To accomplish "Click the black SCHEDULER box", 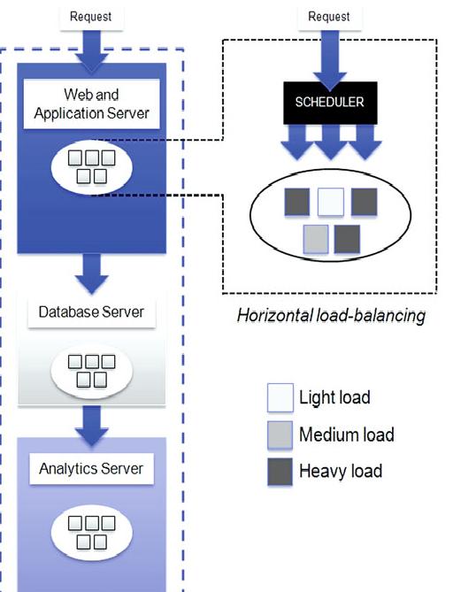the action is (x=330, y=103).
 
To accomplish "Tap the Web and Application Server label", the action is (x=92, y=104).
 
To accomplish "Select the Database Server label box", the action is (x=92, y=312).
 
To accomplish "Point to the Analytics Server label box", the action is (x=92, y=468).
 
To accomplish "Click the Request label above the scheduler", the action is (x=329, y=17).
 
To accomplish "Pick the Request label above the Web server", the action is (x=91, y=17).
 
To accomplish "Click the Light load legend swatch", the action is (x=280, y=397).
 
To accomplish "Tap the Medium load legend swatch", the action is (x=280, y=435).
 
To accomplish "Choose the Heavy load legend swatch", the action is (x=280, y=472).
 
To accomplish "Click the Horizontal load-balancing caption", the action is (x=331, y=316).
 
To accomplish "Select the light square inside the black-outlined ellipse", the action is (x=331, y=202).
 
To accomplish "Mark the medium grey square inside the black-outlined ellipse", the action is (x=316, y=239).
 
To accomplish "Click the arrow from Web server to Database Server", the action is (x=92, y=273).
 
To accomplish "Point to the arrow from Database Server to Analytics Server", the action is (x=92, y=427).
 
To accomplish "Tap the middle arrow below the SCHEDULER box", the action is (x=331, y=142).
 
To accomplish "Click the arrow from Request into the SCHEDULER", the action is (x=329, y=61).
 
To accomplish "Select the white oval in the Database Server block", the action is (x=92, y=371).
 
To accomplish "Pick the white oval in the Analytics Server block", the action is (x=92, y=533).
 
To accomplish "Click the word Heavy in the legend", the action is (x=319, y=472).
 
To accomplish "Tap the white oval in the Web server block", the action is (x=92, y=167).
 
